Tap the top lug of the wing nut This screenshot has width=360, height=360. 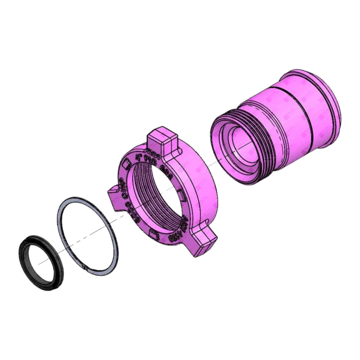click(163, 139)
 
